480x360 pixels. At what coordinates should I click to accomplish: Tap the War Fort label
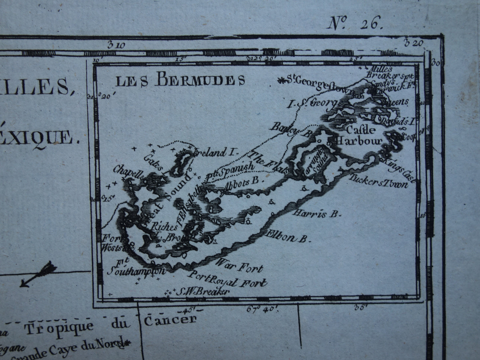[239, 266]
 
